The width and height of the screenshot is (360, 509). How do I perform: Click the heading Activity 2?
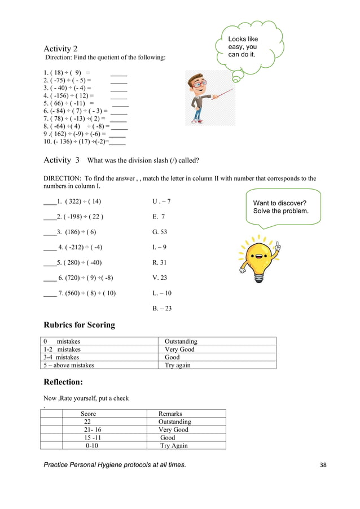(x=61, y=49)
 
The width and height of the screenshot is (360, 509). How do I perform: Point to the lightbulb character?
(x=260, y=257)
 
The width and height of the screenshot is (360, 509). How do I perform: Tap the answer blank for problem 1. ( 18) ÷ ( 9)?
(x=118, y=73)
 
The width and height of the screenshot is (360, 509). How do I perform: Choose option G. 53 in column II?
(x=160, y=232)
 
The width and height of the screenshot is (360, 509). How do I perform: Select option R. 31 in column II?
(x=160, y=262)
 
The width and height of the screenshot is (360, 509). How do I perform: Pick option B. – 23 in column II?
(x=162, y=308)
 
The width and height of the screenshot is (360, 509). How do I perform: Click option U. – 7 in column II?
(x=161, y=201)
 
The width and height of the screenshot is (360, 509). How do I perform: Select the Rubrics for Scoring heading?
(x=79, y=324)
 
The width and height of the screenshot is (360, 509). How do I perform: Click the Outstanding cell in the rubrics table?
(x=181, y=341)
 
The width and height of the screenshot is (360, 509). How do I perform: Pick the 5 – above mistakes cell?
(x=69, y=365)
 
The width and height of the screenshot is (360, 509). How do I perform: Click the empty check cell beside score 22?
(x=51, y=422)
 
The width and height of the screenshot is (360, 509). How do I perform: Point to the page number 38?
(x=323, y=464)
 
